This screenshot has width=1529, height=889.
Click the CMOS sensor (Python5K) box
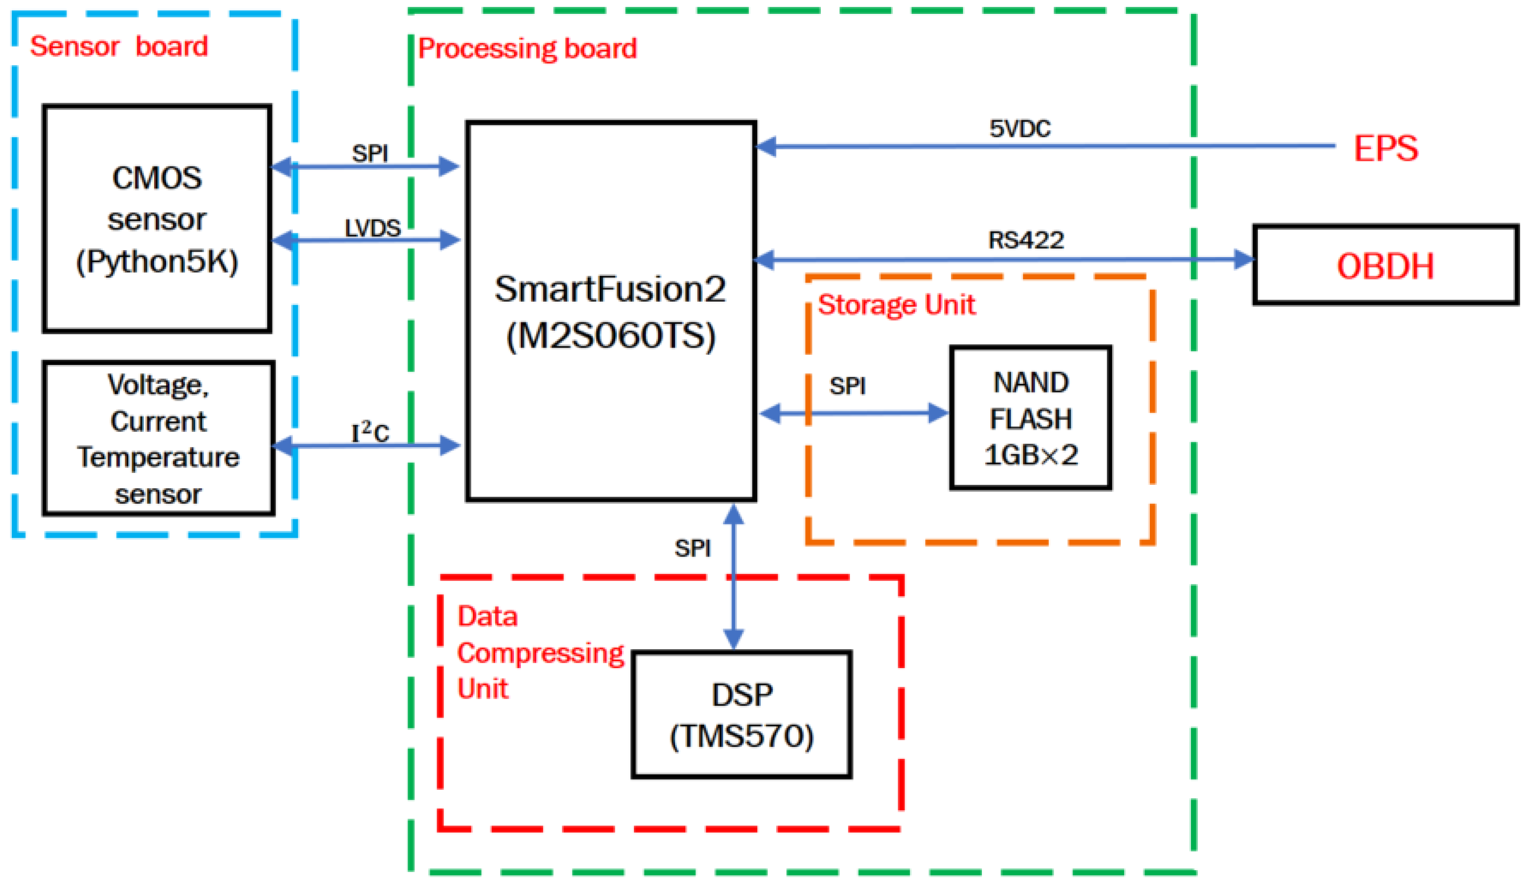[x=157, y=218]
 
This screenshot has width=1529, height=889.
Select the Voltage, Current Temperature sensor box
[x=159, y=438]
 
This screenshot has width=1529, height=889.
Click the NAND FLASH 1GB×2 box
[x=1030, y=418]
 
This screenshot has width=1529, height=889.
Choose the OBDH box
[x=1385, y=265]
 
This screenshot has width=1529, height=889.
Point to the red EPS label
[x=1385, y=148]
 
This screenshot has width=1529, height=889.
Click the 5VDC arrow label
[x=1019, y=129]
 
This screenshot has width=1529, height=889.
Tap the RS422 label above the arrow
[x=1025, y=240]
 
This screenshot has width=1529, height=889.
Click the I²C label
[x=370, y=433]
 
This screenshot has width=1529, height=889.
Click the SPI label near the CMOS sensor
[x=370, y=154]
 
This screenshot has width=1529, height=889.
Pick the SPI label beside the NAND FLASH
[x=847, y=386]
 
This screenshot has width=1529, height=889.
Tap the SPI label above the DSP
[x=692, y=548]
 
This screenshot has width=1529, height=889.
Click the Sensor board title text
[x=119, y=46]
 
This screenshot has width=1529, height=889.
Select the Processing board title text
[x=527, y=49]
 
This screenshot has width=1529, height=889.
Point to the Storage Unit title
[x=896, y=305]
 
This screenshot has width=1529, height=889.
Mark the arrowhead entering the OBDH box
[x=1244, y=260]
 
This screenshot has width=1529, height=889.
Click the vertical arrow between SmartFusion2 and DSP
[x=734, y=582]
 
